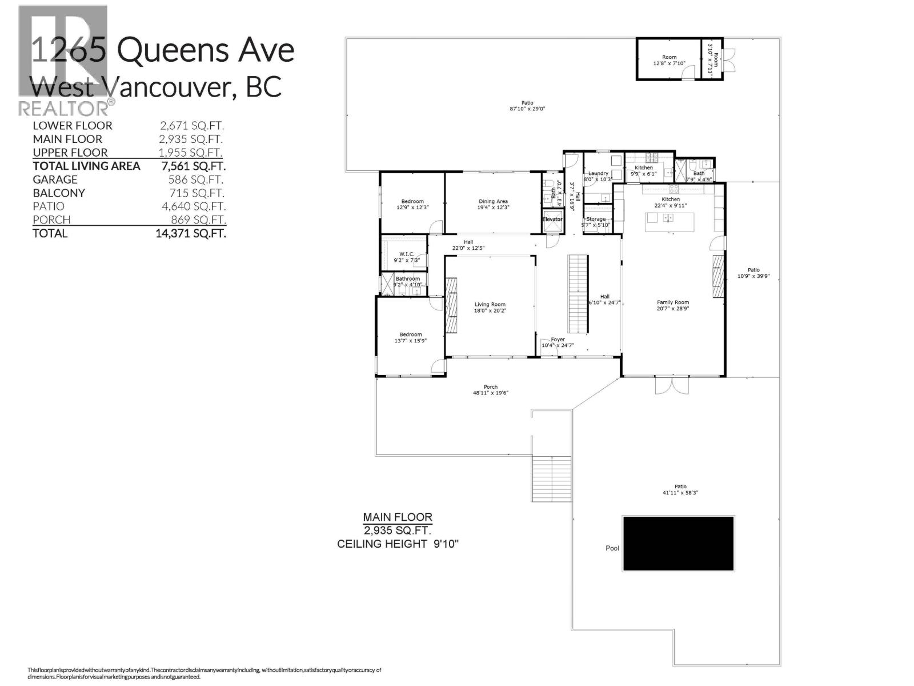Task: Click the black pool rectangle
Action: pyautogui.click(x=678, y=544)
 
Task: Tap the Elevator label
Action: pyautogui.click(x=552, y=220)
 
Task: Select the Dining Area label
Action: pyautogui.click(x=493, y=201)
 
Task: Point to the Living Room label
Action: pyautogui.click(x=490, y=305)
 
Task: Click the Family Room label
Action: pyautogui.click(x=673, y=302)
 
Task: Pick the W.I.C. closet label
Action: pyautogui.click(x=407, y=254)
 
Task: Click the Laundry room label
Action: pyautogui.click(x=598, y=173)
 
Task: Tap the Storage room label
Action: pyautogui.click(x=596, y=219)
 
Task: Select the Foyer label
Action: pyautogui.click(x=558, y=340)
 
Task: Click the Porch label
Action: pyautogui.click(x=490, y=387)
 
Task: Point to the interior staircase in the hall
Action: pyautogui.click(x=578, y=293)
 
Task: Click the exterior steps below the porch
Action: pyautogui.click(x=552, y=479)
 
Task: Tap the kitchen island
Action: pyautogui.click(x=670, y=222)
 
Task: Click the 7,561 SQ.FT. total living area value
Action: pyautogui.click(x=194, y=166)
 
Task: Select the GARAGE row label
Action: pyautogui.click(x=55, y=180)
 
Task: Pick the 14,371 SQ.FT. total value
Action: pyautogui.click(x=191, y=233)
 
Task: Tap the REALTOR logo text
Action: pyautogui.click(x=64, y=107)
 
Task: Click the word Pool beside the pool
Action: pyautogui.click(x=612, y=548)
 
